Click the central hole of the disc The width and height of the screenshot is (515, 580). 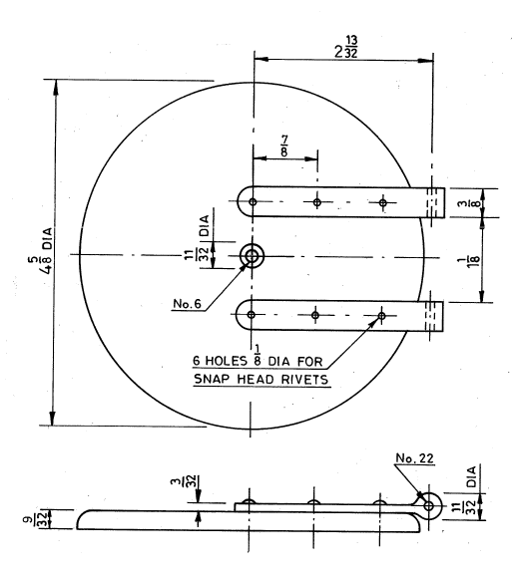coord(252,257)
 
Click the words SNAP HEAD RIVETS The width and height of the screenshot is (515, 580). coord(262,379)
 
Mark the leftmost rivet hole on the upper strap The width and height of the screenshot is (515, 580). coord(253,202)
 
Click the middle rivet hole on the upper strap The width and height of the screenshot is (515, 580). coord(316,202)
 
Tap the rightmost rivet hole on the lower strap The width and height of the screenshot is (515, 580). coord(381,316)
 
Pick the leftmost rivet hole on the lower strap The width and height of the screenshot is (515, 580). coord(252,316)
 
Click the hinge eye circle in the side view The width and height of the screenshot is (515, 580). coord(429,505)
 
